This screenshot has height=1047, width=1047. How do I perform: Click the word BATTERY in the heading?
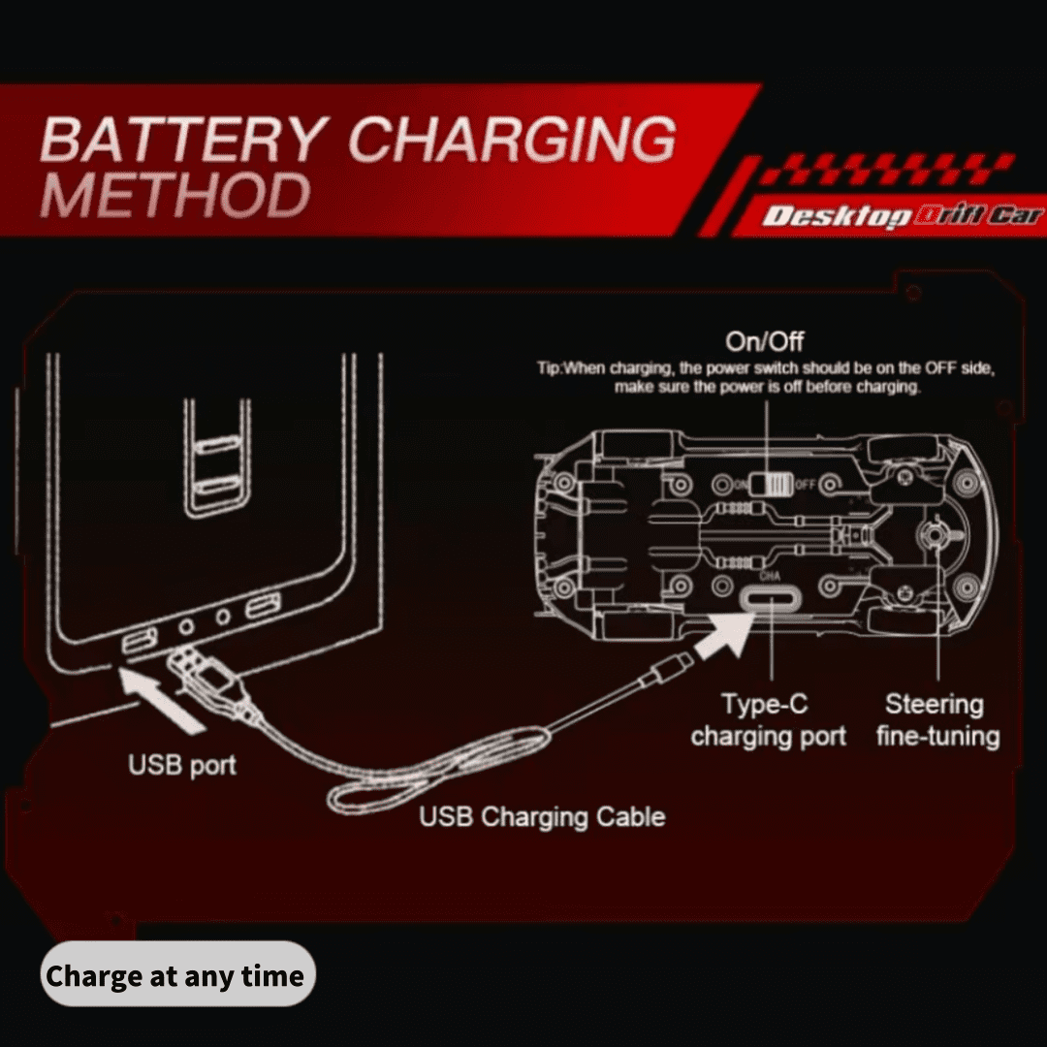pos(184,139)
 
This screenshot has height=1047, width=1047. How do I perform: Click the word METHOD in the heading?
pos(175,194)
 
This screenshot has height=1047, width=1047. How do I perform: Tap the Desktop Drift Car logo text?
pos(903,215)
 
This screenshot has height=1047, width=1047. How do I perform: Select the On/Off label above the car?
pos(765,341)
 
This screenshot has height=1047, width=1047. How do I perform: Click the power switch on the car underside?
pos(771,484)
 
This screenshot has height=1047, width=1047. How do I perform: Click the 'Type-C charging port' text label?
pos(768,719)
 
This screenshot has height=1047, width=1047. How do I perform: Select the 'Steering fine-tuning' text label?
pos(937,719)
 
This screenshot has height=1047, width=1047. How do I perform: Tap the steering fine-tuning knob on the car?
pos(936,533)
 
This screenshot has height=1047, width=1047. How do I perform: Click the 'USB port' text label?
pos(181,765)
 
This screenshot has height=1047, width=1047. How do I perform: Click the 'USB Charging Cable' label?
pos(542,816)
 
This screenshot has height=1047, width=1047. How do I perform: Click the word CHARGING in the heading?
pos(512,139)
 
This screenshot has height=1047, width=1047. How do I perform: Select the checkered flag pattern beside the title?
pos(888,169)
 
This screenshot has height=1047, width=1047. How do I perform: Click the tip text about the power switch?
pos(766,377)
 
